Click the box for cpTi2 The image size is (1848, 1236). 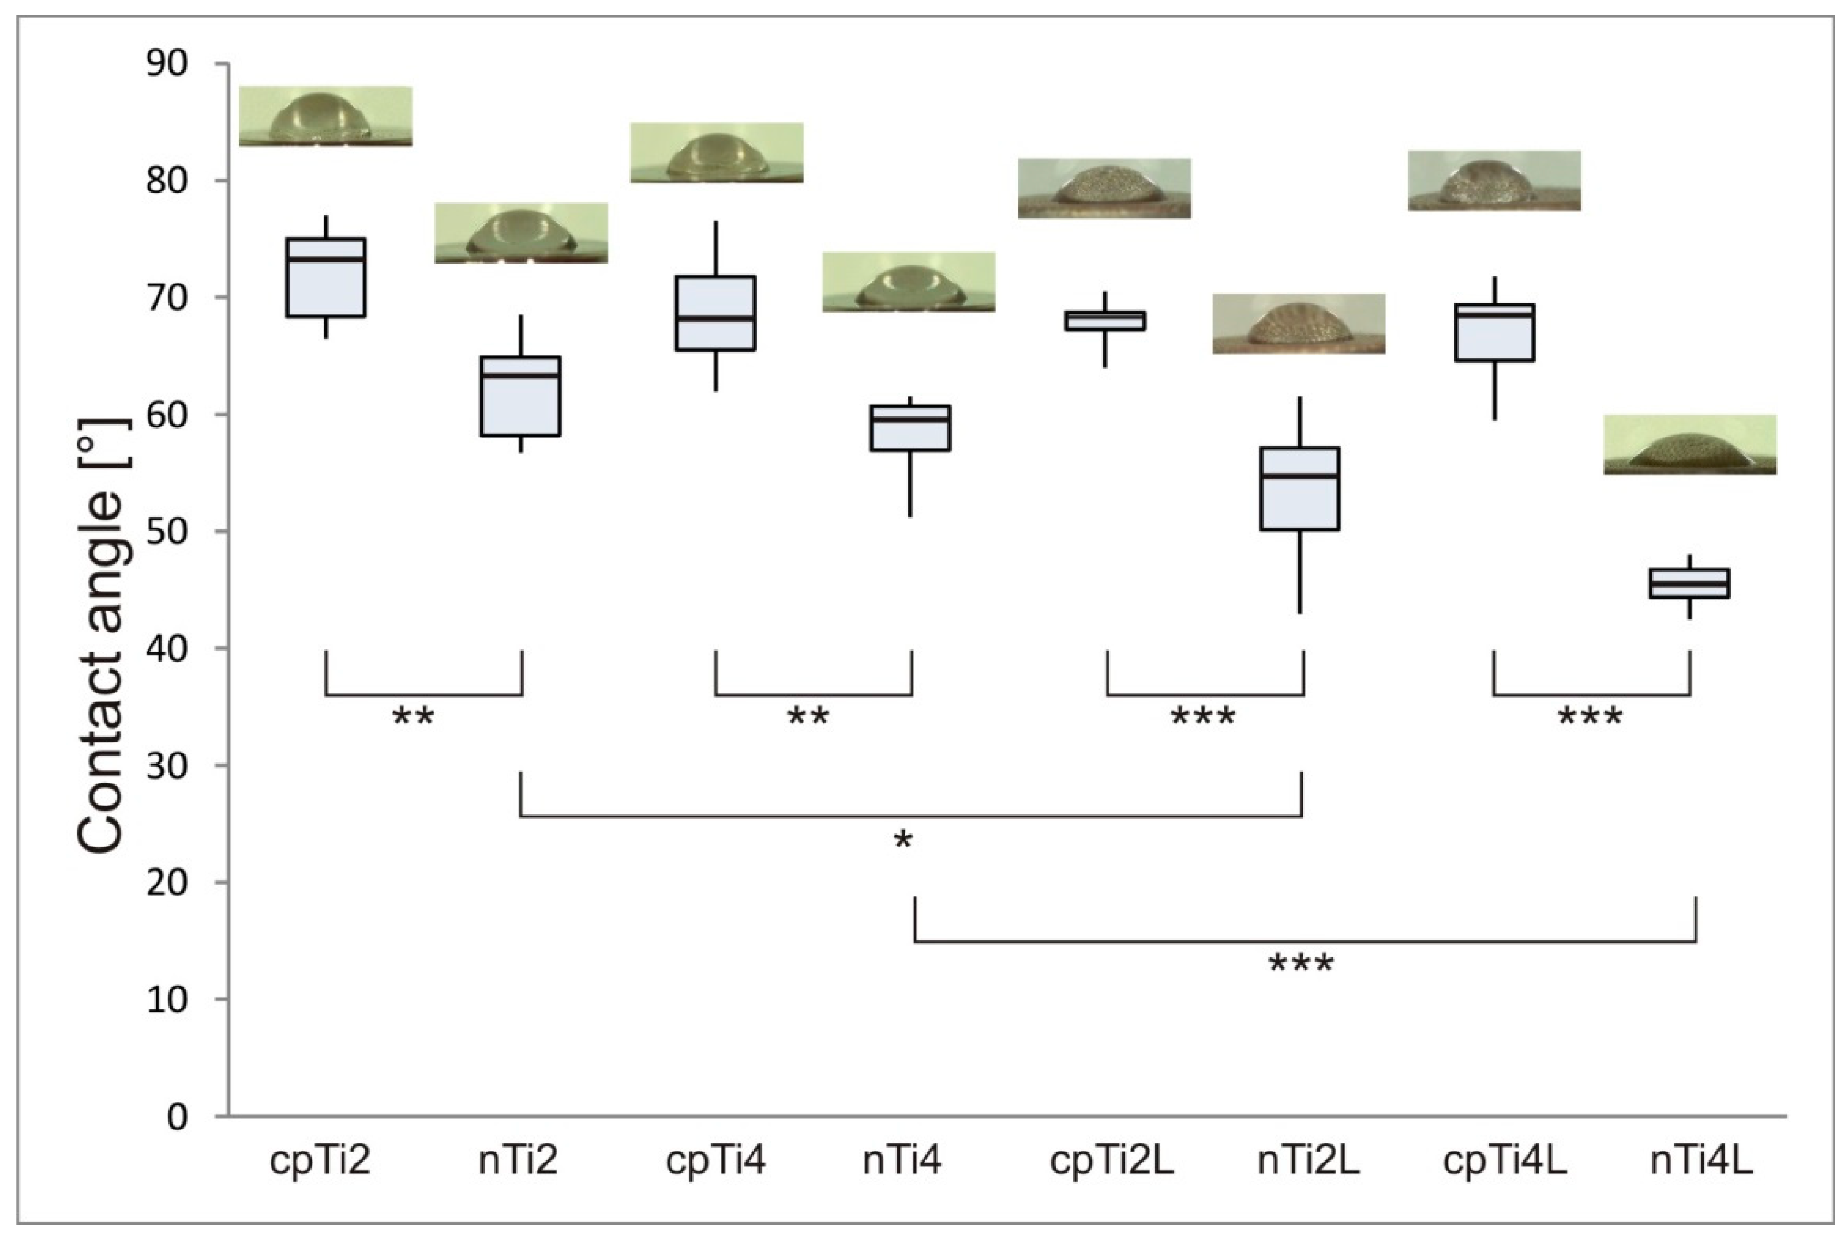[x=325, y=277]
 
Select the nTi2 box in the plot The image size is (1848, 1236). [x=520, y=396]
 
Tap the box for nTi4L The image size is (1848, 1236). [x=1689, y=583]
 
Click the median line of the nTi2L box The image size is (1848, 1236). [x=1299, y=476]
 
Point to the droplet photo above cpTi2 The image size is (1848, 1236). [x=325, y=116]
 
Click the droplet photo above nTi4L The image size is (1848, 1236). [x=1689, y=444]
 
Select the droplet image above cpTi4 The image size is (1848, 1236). [x=717, y=153]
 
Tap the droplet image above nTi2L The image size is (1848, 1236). [x=1299, y=323]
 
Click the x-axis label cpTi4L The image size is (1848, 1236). [x=1504, y=1161]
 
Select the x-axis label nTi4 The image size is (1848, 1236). [x=902, y=1161]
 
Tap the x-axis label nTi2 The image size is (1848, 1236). [x=518, y=1161]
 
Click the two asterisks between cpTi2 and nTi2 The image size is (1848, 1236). [x=413, y=717]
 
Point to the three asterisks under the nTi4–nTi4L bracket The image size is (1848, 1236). [x=1301, y=964]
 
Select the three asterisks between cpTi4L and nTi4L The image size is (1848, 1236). [x=1590, y=717]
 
